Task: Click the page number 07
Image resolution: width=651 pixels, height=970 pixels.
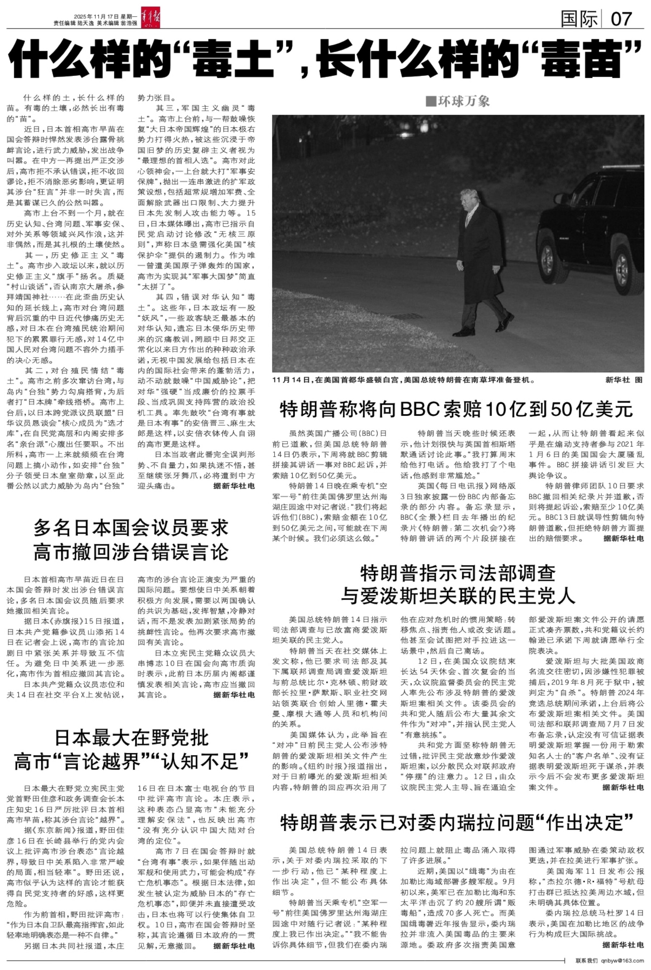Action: (x=621, y=19)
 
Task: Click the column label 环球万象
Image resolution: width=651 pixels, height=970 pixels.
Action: (x=458, y=101)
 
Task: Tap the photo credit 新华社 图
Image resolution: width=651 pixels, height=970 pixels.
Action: (x=624, y=380)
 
